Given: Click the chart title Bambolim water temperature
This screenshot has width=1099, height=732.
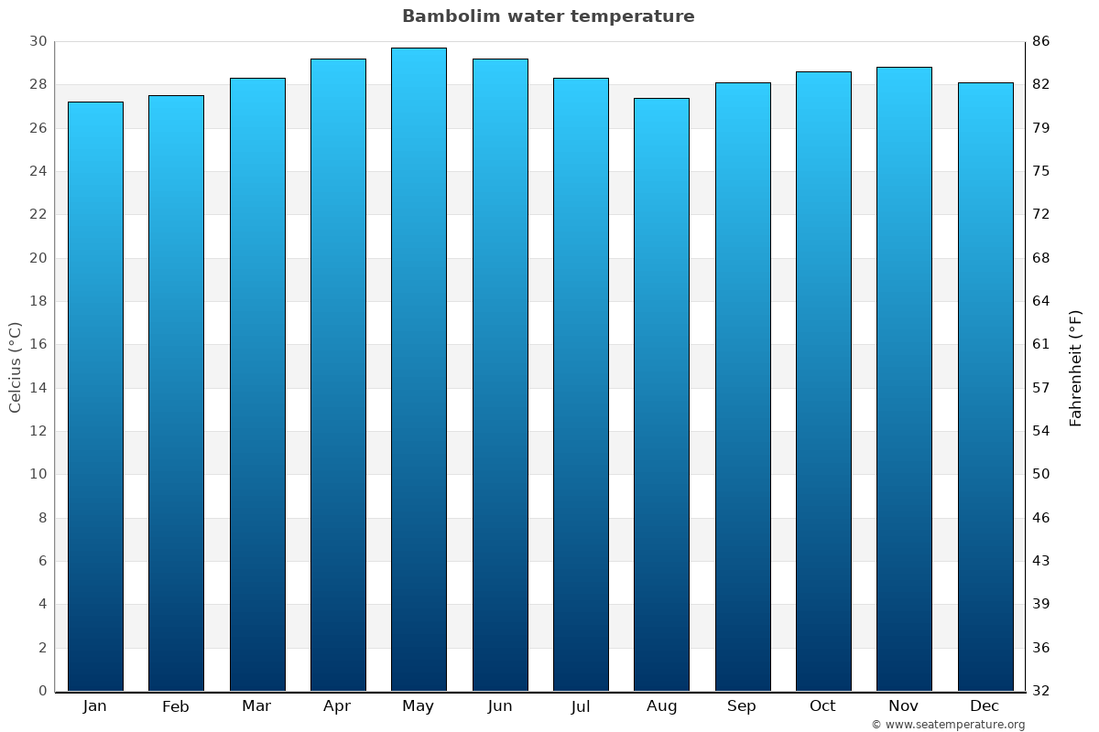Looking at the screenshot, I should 548,16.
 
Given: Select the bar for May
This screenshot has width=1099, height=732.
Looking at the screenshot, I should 419,366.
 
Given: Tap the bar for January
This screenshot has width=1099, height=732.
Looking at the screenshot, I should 95,393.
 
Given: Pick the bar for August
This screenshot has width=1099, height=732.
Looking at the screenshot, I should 661,393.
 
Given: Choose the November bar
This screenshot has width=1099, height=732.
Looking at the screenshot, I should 904,375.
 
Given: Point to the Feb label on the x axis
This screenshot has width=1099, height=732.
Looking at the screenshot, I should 175,706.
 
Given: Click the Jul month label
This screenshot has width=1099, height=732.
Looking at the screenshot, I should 581,706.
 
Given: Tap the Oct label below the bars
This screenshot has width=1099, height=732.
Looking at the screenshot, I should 822,705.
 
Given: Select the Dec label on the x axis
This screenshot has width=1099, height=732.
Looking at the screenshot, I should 985,705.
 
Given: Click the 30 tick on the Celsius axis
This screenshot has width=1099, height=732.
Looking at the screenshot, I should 38,41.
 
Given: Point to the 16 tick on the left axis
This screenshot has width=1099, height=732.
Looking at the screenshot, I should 38,344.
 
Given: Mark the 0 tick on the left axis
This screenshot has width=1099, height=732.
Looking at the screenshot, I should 42,691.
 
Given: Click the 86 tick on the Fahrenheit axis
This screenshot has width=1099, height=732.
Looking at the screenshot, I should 1041,41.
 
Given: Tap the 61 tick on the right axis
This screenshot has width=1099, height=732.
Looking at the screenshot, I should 1041,344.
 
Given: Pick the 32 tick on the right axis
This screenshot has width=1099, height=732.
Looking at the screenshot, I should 1041,691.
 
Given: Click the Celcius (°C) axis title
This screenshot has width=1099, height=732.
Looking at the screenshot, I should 15,366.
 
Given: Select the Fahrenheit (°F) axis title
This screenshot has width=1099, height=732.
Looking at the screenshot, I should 1076,367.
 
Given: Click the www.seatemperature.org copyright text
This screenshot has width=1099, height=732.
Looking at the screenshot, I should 948,725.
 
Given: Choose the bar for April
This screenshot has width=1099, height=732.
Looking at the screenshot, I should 338,375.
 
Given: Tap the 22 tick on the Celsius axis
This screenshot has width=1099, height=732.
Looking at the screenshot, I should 38,214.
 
